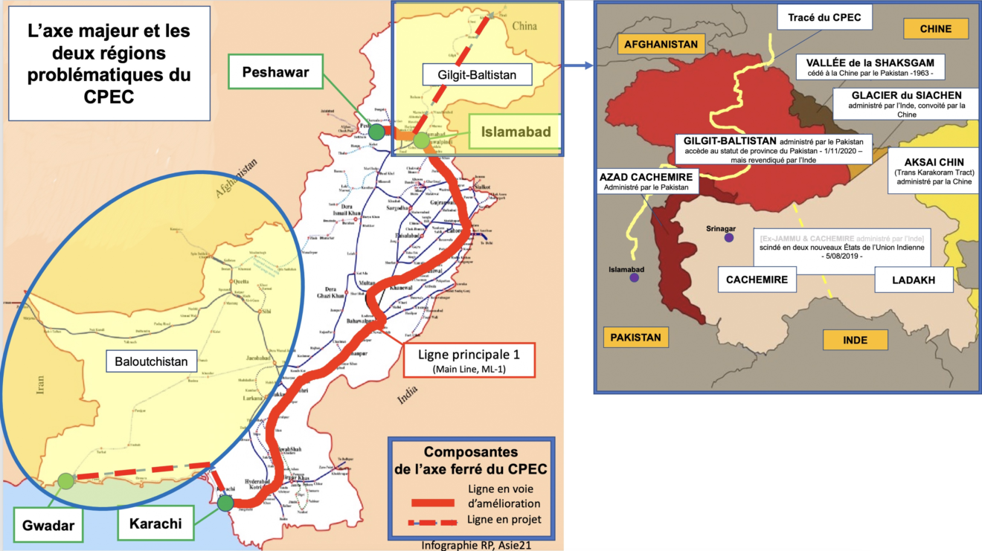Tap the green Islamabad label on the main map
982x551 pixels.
point(515,132)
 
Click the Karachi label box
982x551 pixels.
point(155,523)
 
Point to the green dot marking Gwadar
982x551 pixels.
point(66,481)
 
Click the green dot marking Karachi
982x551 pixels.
point(226,503)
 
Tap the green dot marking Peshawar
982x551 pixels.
point(377,132)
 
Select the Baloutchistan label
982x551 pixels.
point(150,361)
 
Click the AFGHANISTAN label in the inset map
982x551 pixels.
point(661,44)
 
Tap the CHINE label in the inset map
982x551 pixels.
point(936,29)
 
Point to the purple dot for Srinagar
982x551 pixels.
point(729,237)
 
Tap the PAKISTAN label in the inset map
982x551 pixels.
point(635,337)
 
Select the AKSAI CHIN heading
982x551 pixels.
point(934,162)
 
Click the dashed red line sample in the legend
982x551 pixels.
point(437,520)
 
